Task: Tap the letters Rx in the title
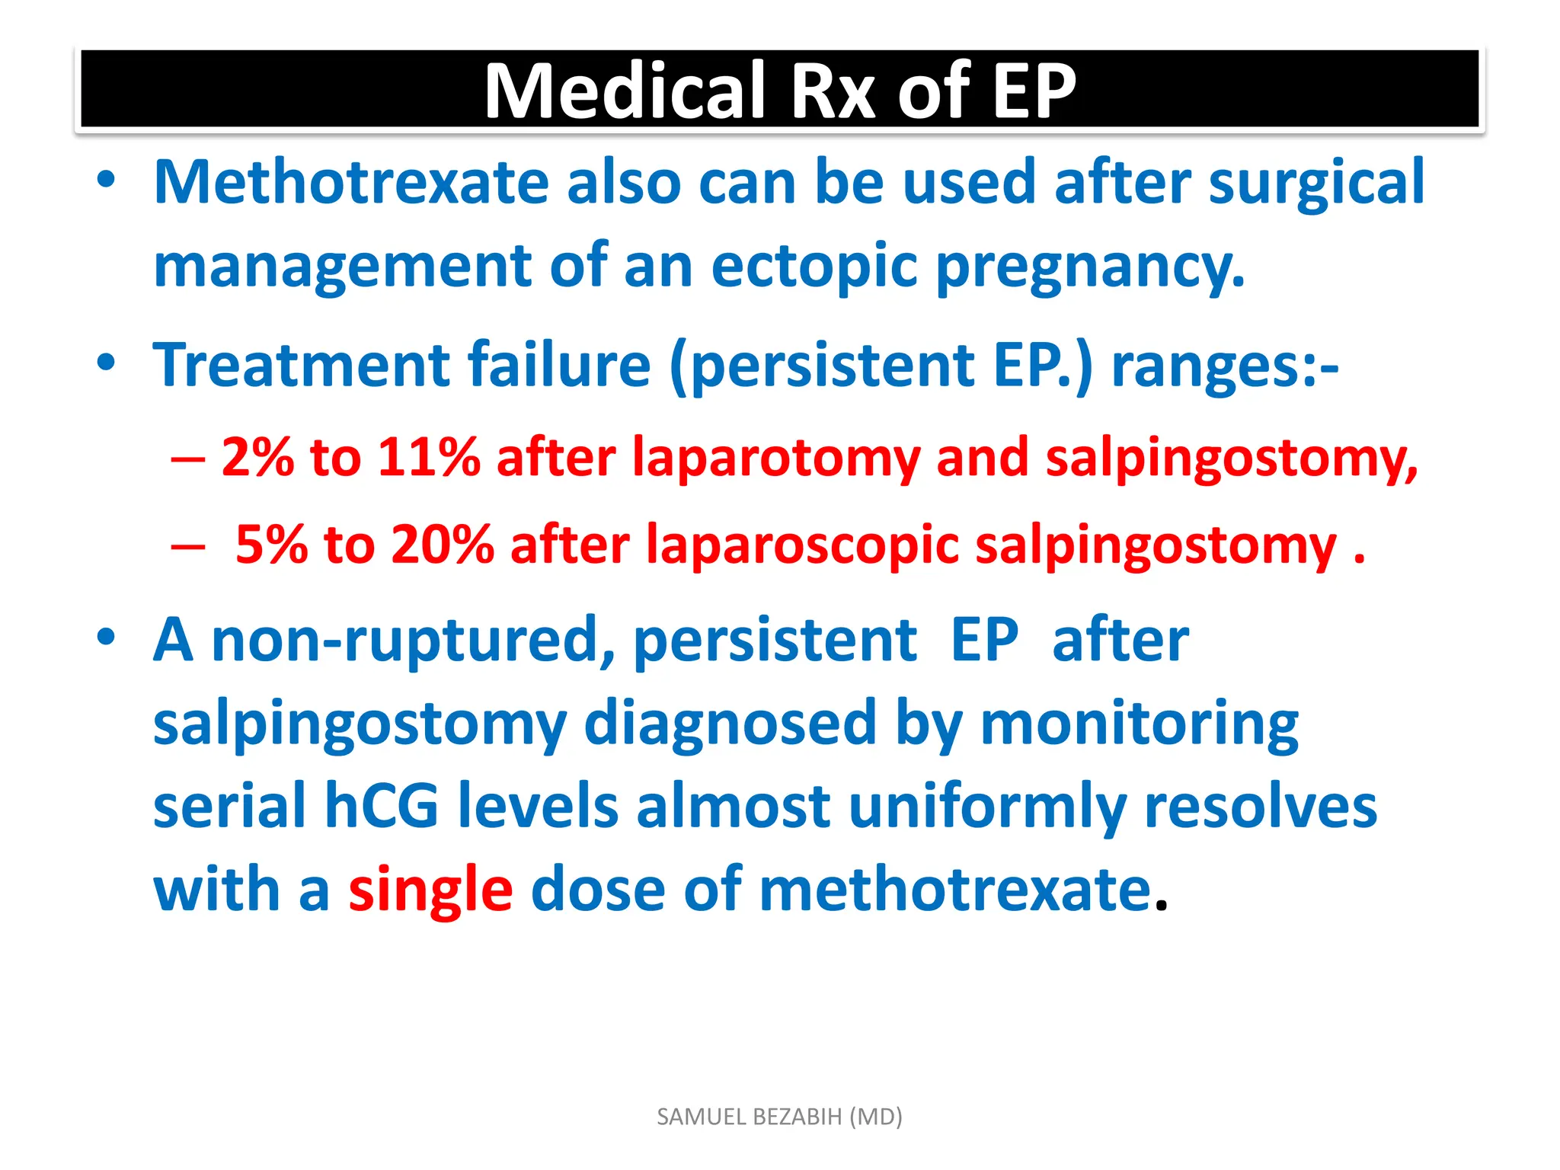(833, 91)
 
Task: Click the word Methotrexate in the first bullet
(351, 183)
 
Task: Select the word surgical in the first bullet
(1316, 183)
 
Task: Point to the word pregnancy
(1090, 267)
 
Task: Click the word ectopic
(814, 267)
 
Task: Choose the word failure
(559, 366)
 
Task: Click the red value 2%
(257, 459)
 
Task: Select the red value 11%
(429, 459)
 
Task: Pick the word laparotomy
(776, 459)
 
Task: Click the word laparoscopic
(802, 545)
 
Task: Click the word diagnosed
(730, 724)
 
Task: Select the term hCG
(382, 807)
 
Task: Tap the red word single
(430, 890)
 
